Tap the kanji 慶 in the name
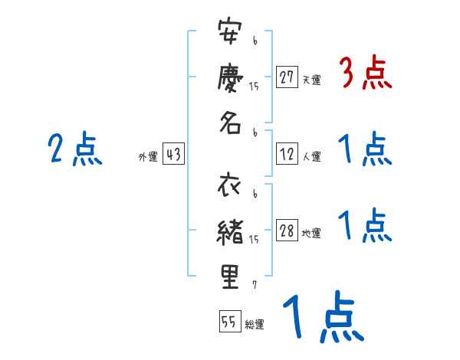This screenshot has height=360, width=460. (230, 78)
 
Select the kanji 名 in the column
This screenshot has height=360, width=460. (230, 121)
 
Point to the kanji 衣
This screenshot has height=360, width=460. (230, 188)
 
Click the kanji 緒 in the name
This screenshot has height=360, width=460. (230, 231)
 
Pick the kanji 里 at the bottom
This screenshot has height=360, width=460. (230, 275)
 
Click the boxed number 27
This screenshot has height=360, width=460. (287, 77)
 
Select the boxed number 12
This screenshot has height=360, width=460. (287, 154)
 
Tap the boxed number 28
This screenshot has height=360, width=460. (287, 231)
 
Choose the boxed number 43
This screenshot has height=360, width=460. (173, 154)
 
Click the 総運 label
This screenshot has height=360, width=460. (255, 324)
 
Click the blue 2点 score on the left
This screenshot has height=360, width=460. (74, 149)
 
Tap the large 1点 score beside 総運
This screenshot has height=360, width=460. (321, 318)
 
